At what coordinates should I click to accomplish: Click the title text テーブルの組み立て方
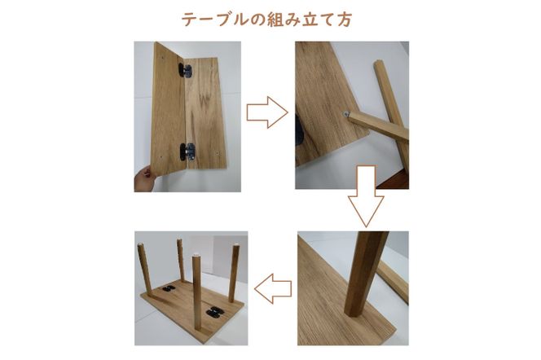click(x=270, y=17)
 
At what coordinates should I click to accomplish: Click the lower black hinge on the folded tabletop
click(x=187, y=151)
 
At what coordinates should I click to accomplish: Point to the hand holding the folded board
click(x=143, y=177)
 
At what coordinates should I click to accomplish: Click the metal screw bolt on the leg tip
click(x=348, y=115)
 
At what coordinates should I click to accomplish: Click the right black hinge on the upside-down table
click(x=215, y=310)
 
